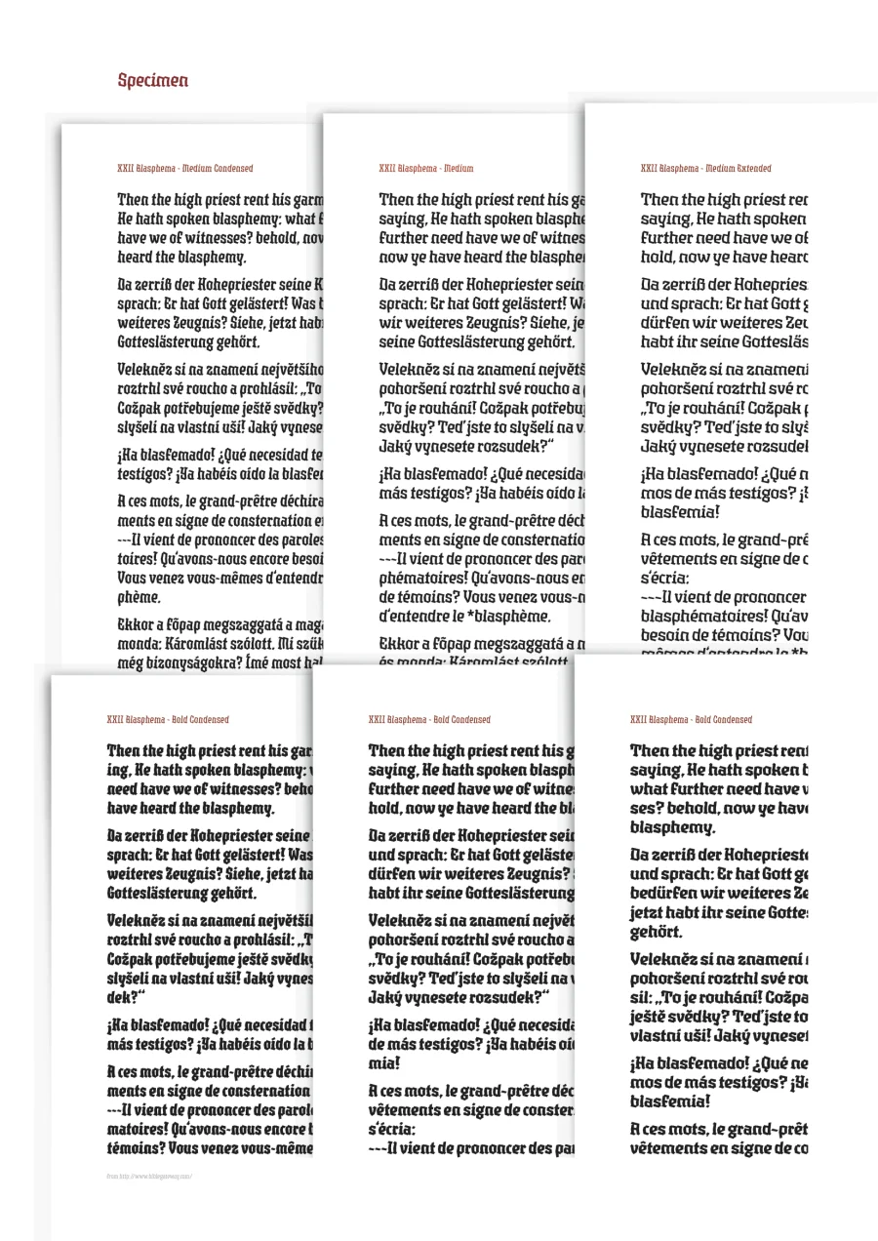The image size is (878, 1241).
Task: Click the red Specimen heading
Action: click(x=153, y=81)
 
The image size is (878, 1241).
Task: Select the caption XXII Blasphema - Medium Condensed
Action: click(x=185, y=169)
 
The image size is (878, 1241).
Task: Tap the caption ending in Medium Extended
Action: click(x=706, y=169)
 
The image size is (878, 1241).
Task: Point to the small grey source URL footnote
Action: click(x=149, y=1177)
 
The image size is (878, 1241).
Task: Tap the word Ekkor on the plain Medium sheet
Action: click(x=399, y=644)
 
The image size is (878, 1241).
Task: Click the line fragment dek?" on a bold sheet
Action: click(x=126, y=997)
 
